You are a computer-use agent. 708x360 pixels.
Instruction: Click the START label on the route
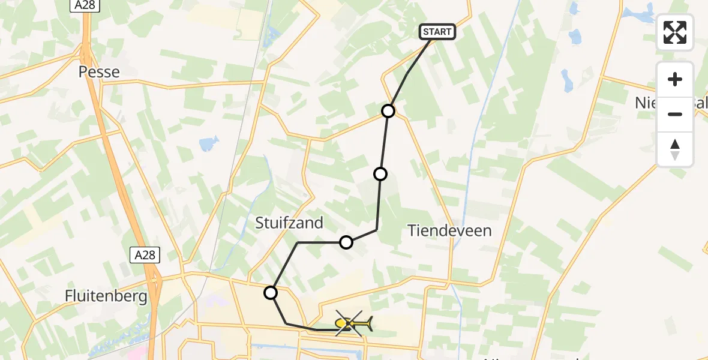pos(437,32)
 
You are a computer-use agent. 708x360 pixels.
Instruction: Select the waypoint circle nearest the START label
pos(389,111)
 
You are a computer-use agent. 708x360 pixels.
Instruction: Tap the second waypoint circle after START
pos(380,174)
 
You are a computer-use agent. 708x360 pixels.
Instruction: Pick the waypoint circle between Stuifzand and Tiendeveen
pos(346,242)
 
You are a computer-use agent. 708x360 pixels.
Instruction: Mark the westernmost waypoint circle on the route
pos(271,293)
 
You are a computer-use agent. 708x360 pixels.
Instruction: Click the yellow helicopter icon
pos(353,325)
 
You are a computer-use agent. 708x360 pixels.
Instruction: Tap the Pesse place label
pos(100,72)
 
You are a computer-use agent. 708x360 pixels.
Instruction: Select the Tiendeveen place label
pos(449,230)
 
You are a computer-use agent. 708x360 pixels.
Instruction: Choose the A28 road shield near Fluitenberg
pos(145,255)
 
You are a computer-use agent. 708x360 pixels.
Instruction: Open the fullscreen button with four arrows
pos(675,32)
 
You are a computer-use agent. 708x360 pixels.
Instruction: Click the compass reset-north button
pos(675,149)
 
